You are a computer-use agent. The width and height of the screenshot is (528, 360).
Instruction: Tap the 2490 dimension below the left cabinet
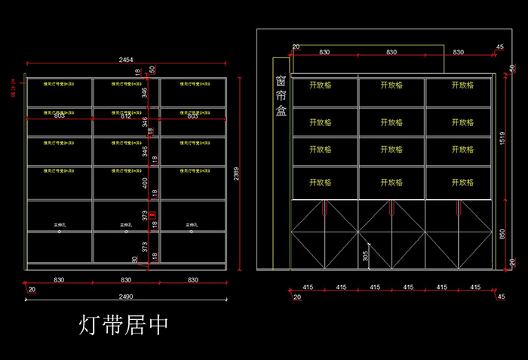tap(125, 296)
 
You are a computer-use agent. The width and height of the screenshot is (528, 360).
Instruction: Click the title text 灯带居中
tap(124, 325)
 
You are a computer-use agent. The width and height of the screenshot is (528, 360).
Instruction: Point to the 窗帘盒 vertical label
tap(281, 95)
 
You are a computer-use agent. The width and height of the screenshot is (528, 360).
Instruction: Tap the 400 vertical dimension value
tap(145, 183)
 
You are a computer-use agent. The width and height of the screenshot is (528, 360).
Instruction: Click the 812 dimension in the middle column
tap(126, 116)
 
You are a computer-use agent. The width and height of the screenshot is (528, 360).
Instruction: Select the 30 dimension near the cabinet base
tap(135, 260)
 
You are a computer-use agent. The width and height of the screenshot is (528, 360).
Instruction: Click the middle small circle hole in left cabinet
tap(125, 232)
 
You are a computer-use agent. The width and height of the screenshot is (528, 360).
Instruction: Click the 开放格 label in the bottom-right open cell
tap(462, 183)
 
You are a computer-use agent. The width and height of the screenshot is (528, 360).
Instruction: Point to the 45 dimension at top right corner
tap(500, 48)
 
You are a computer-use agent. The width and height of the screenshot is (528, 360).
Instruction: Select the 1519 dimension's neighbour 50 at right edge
tap(512, 69)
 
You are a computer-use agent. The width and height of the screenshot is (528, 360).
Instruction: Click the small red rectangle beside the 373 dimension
tap(154, 217)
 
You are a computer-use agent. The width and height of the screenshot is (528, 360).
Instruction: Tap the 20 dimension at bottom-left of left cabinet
tap(32, 290)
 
